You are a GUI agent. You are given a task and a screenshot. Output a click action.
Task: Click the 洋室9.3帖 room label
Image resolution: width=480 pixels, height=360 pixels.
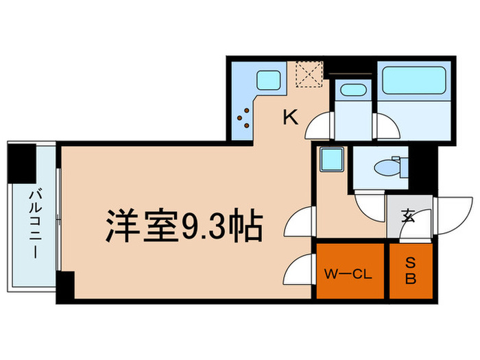184,224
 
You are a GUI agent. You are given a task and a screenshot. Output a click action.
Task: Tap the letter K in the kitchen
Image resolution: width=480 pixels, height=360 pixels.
291,118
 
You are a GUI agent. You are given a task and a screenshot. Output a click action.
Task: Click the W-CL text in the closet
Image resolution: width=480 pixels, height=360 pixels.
348,275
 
